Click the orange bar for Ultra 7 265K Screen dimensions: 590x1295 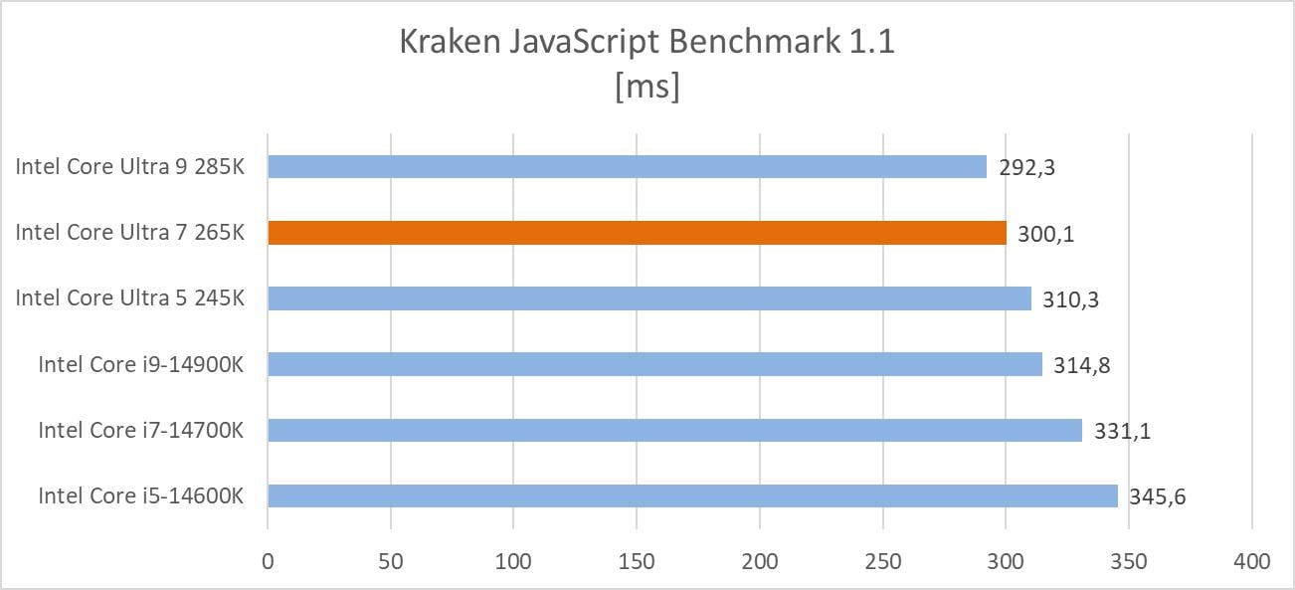pos(637,233)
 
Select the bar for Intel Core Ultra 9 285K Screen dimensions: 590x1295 pos(627,167)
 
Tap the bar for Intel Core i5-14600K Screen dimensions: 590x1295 pos(692,495)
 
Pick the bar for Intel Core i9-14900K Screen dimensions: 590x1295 pos(654,364)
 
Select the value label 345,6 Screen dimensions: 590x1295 pos(1157,495)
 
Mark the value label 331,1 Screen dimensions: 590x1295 pos(1121,430)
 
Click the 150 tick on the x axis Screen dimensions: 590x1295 pos(637,562)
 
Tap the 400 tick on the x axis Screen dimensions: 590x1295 pos(1251,562)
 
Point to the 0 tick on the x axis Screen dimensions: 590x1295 pos(268,562)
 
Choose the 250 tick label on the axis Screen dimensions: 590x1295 pos(882,562)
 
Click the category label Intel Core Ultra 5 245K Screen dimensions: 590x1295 pos(129,298)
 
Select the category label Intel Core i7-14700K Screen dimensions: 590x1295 pos(141,430)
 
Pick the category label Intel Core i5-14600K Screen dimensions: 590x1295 pos(141,495)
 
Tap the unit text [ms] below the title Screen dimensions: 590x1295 pos(647,87)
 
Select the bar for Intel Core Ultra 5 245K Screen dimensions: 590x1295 pos(649,298)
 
